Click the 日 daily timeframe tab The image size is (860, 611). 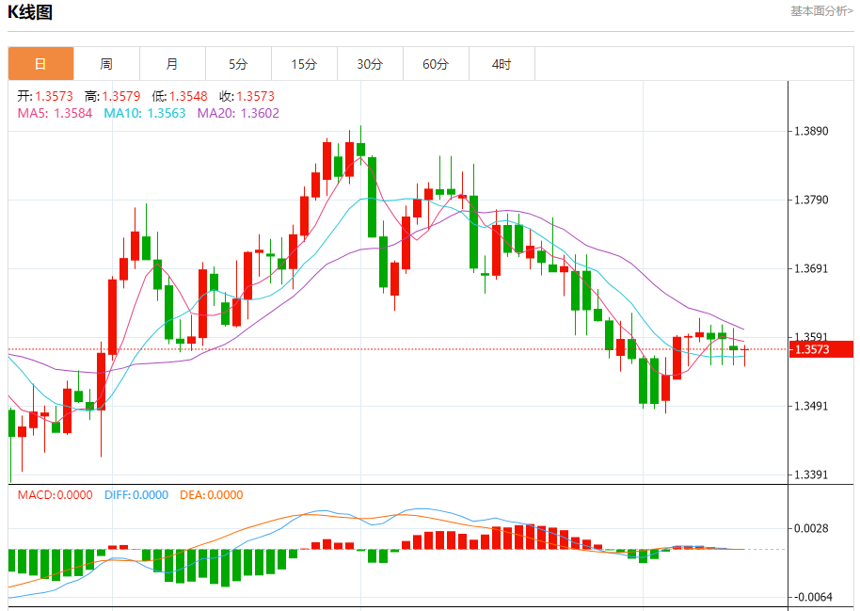click(x=40, y=64)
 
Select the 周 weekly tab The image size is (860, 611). click(x=106, y=64)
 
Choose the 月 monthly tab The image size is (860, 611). click(x=172, y=64)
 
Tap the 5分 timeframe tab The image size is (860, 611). click(x=238, y=64)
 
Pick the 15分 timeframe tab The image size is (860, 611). click(x=304, y=64)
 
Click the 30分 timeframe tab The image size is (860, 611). click(x=370, y=64)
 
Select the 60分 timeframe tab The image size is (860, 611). click(x=436, y=64)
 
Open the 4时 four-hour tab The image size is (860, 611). click(x=502, y=64)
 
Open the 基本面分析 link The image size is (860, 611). click(x=821, y=11)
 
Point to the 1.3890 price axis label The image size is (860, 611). click(x=810, y=131)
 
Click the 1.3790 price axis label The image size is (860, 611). click(x=810, y=200)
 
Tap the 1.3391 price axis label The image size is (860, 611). click(x=810, y=474)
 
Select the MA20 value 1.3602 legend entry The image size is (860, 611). click(x=238, y=113)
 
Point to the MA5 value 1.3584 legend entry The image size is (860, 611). click(x=55, y=113)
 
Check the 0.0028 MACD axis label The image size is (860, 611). click(x=810, y=528)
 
